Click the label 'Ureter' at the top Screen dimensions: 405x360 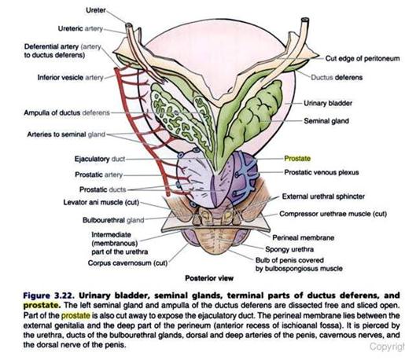96,10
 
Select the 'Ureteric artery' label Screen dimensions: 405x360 80,28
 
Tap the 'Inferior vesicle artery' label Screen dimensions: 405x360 70,78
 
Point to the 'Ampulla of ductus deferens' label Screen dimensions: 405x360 67,113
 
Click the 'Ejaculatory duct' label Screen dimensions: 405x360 100,159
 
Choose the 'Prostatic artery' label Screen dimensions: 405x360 99,174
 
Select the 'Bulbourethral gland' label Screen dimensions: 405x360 113,220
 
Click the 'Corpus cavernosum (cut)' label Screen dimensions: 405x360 127,263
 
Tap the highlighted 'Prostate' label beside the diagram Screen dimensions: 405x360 297,159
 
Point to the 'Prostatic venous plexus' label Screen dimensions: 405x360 322,172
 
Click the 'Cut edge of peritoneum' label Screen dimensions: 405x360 363,58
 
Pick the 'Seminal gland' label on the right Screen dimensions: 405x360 326,121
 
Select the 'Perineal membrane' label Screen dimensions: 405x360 304,237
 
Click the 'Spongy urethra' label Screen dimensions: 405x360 289,249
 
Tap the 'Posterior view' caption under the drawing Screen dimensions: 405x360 209,278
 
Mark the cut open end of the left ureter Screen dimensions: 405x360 129,25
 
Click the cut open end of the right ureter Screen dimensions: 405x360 305,20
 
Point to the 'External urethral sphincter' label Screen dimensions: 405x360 323,197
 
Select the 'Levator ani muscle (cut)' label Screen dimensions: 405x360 101,203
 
